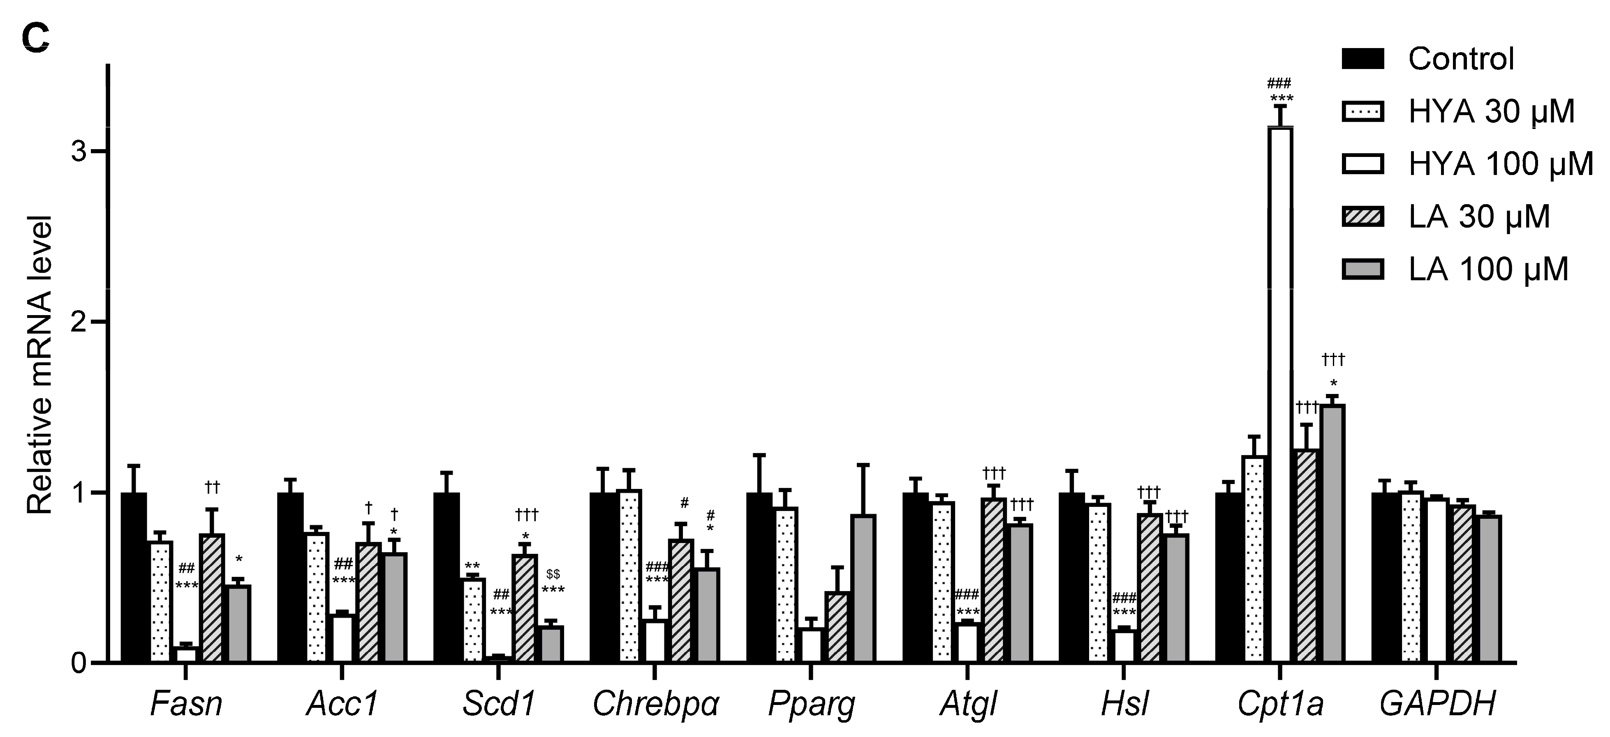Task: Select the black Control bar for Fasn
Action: click(134, 577)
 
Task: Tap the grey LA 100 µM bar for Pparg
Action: click(863, 588)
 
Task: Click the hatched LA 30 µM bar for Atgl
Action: click(993, 580)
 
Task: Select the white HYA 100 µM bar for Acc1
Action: click(342, 638)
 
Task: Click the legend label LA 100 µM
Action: click(1488, 269)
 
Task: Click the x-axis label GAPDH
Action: click(1437, 704)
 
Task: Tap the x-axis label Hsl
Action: click(1124, 704)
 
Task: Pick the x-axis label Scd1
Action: click(499, 704)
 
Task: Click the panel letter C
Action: click(36, 39)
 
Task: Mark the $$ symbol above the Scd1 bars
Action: click(553, 574)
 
